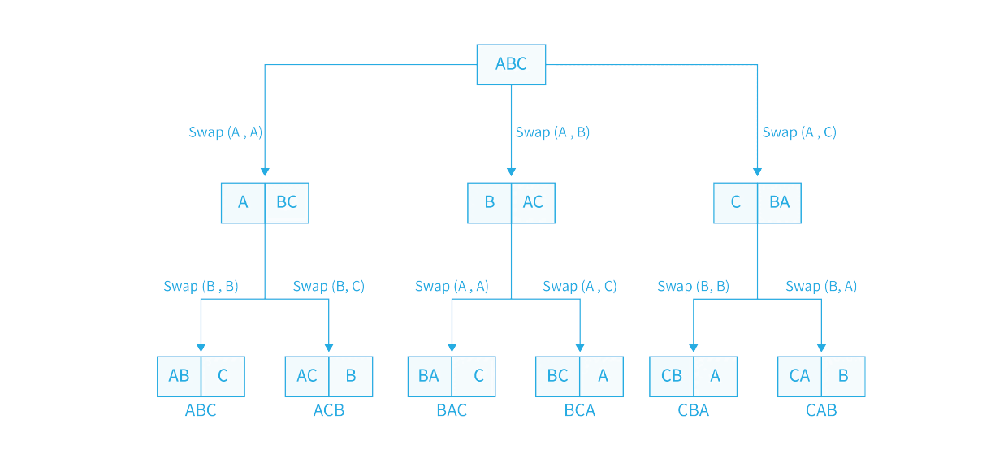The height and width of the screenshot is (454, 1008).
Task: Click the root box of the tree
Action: click(511, 64)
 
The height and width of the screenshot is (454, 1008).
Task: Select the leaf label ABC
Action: click(201, 410)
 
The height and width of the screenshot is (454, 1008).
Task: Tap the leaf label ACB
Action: click(329, 410)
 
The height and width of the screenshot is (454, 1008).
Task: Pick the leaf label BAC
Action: click(452, 410)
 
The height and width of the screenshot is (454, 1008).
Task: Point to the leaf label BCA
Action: click(580, 410)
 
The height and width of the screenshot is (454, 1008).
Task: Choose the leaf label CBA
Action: click(693, 410)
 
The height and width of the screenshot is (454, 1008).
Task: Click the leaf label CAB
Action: click(821, 410)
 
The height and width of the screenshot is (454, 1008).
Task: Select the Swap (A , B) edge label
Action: click(552, 132)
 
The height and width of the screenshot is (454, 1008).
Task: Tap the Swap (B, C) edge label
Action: click(328, 286)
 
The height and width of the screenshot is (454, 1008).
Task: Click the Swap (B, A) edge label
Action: click(821, 286)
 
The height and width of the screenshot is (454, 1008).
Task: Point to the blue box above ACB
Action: click(329, 376)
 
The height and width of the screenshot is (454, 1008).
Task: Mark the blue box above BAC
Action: click(452, 376)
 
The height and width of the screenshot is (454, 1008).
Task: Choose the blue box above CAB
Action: click(821, 376)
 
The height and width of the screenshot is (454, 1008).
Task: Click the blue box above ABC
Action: click(201, 376)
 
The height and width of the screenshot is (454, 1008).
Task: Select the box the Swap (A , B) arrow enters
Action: click(511, 202)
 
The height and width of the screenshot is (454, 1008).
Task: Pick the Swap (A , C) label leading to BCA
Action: click(580, 286)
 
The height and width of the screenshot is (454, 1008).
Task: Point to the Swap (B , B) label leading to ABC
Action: click(201, 286)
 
